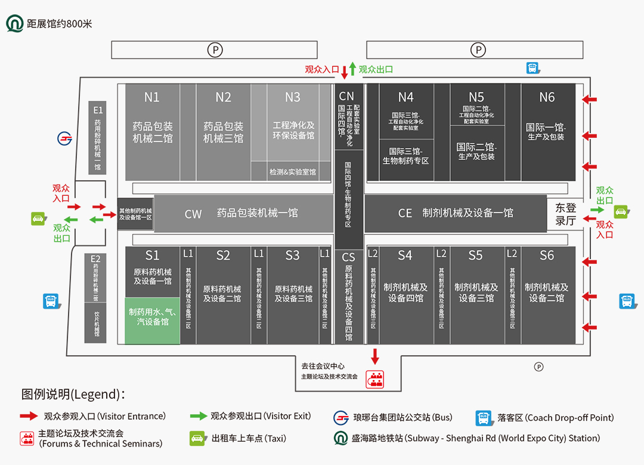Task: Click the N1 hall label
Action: coord(152,97)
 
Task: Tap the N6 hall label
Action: coord(547,97)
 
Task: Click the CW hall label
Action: coord(193,214)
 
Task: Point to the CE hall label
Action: coord(405,213)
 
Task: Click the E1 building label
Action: coord(98,110)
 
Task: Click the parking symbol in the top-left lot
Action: coord(215,50)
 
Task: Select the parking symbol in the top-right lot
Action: coord(478,50)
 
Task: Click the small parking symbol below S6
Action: coord(538,367)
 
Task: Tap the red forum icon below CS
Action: coord(374,380)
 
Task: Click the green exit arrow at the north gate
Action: coord(352,69)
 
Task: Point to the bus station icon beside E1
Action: coord(65,138)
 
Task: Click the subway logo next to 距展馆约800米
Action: coord(15,24)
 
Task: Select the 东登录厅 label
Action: coord(565,214)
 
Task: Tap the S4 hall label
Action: coord(405,255)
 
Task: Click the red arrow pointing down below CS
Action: coord(375,356)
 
